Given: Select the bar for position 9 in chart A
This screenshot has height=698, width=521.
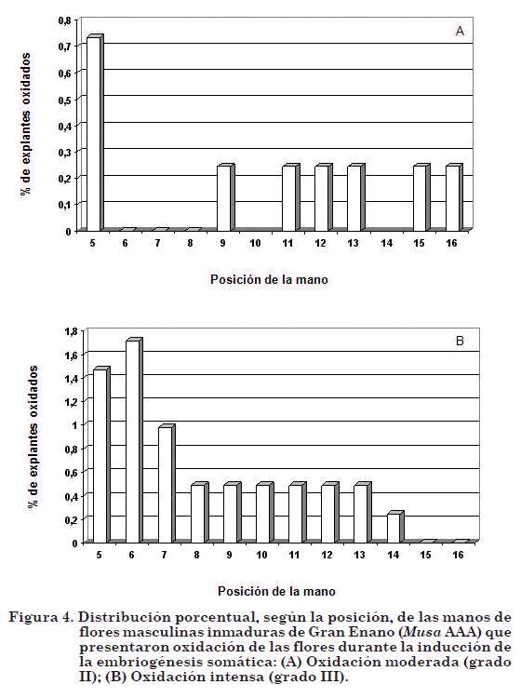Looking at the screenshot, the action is point(225,197).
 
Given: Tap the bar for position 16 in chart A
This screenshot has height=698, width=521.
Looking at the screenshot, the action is point(454,197).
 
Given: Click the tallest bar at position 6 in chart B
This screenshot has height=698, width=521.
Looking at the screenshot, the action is point(134,441).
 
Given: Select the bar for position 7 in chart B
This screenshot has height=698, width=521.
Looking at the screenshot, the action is point(167,484).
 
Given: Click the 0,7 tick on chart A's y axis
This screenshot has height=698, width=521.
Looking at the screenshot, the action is point(64,46).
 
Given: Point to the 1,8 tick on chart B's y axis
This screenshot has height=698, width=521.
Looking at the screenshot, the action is point(72,331).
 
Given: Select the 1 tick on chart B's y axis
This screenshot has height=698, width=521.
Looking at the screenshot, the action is point(73,425).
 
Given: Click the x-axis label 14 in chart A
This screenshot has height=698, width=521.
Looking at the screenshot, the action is point(387,244).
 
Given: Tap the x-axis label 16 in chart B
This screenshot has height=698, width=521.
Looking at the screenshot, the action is point(459,555).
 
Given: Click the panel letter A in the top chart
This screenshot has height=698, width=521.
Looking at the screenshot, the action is point(460,31).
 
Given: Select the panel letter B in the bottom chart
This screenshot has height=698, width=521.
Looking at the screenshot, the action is point(460,341).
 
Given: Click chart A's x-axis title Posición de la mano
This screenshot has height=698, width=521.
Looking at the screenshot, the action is point(269,279).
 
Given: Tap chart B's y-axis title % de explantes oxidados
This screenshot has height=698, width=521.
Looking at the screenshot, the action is point(32,436).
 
